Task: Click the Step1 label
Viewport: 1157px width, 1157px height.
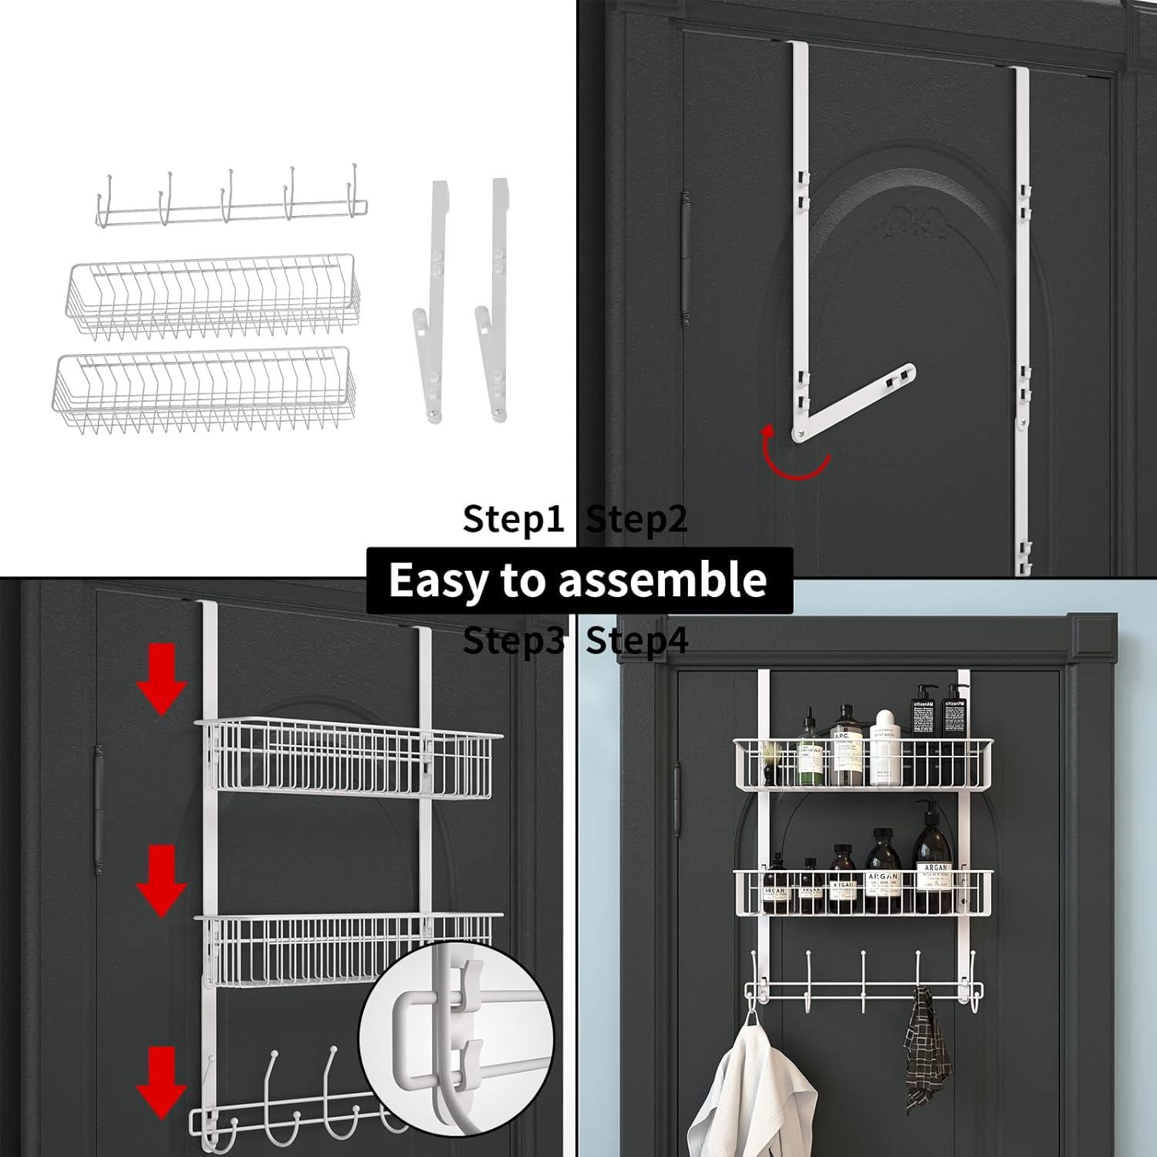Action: [x=513, y=520]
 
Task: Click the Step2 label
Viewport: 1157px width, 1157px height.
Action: [x=636, y=520]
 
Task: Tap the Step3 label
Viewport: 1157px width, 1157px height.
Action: [x=513, y=641]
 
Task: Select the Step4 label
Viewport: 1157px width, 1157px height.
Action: [x=636, y=641]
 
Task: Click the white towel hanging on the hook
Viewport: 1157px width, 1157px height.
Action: [x=752, y=1095]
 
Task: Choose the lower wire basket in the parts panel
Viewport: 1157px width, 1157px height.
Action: [x=204, y=390]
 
